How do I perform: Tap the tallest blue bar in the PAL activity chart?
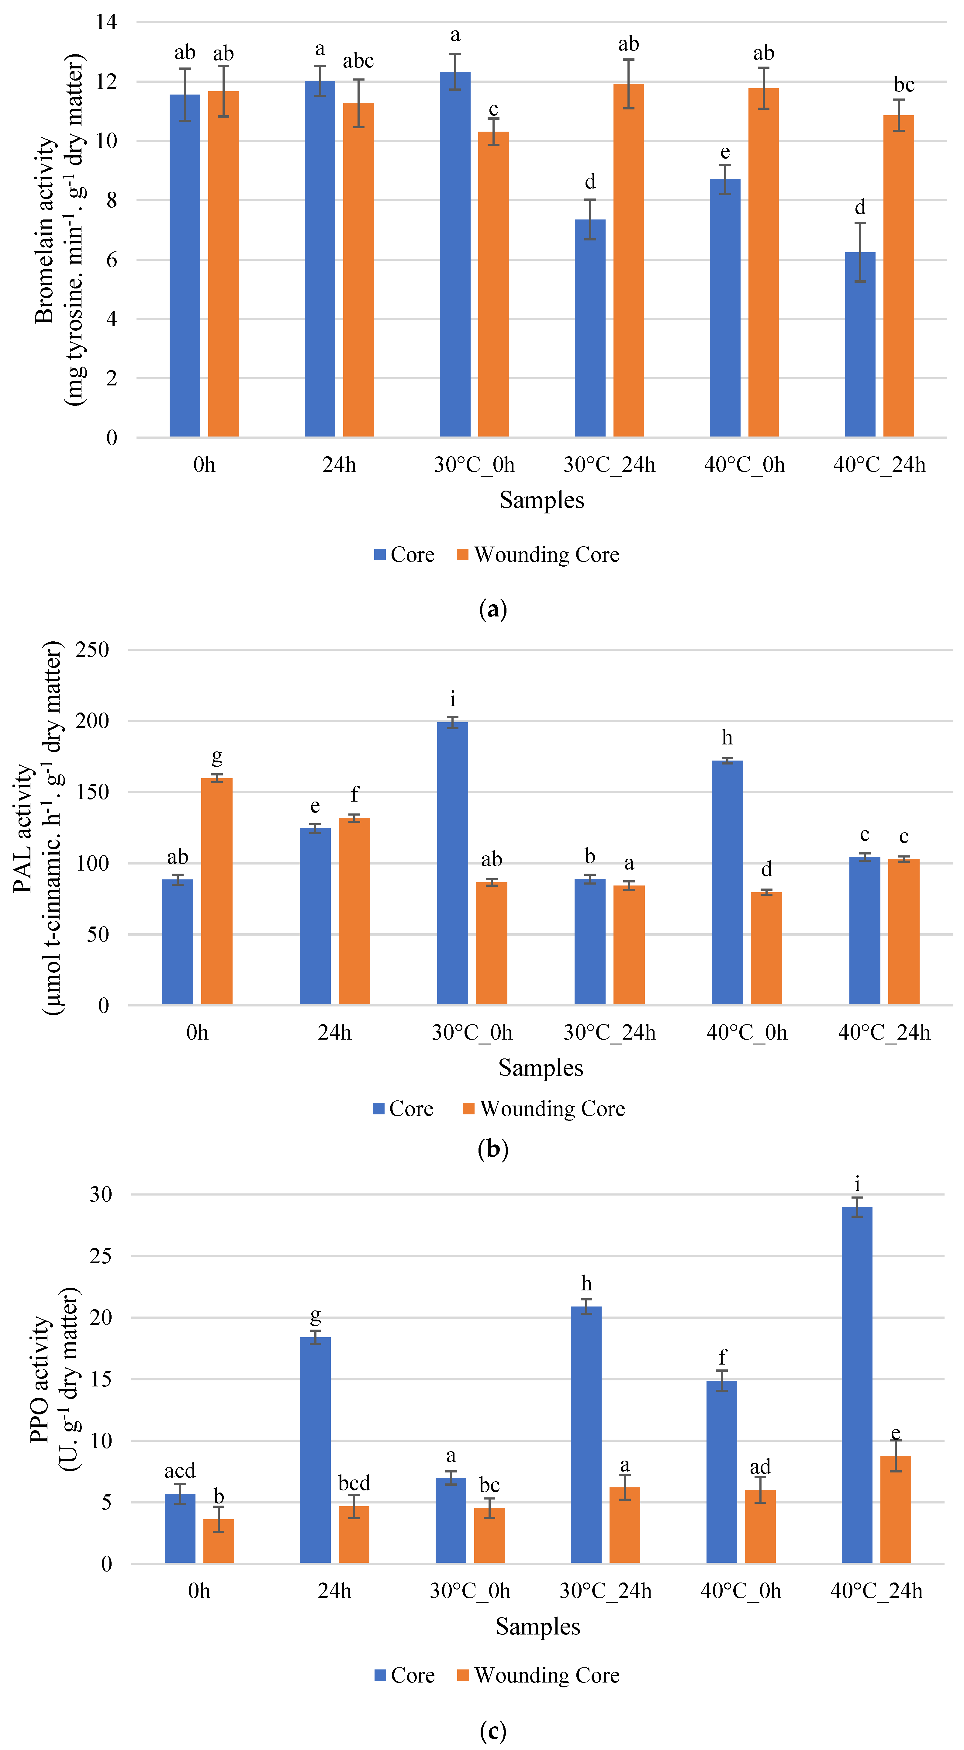point(452,863)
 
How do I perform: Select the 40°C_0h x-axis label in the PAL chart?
point(747,1033)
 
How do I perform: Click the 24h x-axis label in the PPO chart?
point(334,1591)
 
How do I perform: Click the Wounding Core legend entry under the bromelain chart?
point(546,555)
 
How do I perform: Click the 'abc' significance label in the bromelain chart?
point(358,61)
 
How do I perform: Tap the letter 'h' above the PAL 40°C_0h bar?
point(727,738)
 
